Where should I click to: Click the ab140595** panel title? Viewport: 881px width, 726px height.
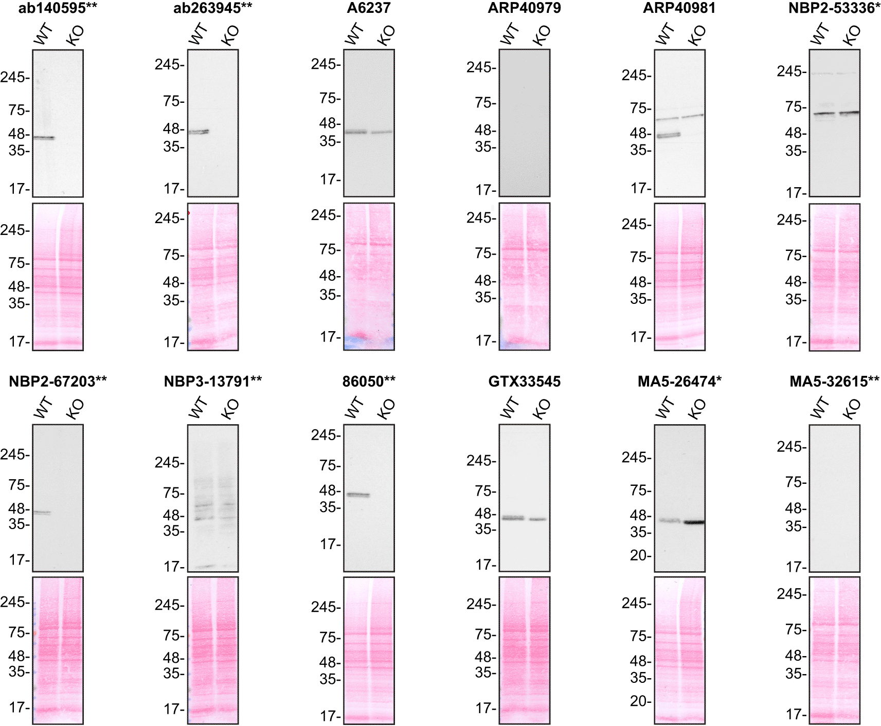pos(58,8)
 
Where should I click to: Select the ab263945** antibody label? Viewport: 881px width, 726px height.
pos(212,8)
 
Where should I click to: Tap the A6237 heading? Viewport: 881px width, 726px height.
pos(369,8)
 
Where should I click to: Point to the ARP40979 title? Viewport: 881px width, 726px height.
pos(524,8)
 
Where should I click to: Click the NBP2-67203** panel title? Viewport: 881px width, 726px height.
pos(58,382)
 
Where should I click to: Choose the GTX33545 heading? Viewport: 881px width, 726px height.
pos(524,382)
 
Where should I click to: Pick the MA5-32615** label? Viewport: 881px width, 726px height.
pos(834,382)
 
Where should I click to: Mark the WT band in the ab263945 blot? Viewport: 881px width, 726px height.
pos(199,132)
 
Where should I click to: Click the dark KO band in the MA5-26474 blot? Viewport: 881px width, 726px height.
pos(694,522)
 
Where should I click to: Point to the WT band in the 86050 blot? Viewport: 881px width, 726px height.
pos(358,495)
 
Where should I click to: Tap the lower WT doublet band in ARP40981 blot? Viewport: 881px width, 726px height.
pos(669,135)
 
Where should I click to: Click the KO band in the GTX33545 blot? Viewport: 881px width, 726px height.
pos(538,519)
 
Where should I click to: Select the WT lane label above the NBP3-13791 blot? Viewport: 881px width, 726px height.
pos(199,408)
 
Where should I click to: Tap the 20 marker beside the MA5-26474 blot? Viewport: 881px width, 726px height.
pos(640,555)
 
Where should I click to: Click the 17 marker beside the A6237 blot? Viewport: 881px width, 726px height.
pos(329,179)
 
